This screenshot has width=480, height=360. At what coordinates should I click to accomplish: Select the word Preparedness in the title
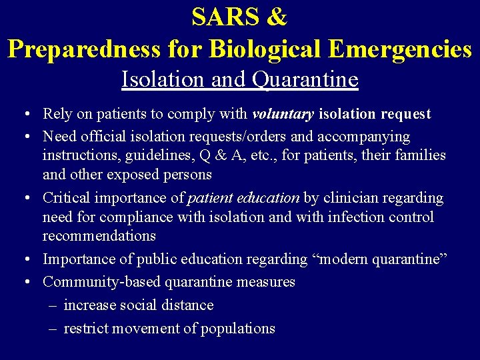84,49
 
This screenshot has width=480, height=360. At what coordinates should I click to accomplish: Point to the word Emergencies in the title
397,49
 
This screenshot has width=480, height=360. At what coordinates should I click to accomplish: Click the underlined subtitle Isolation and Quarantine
240,80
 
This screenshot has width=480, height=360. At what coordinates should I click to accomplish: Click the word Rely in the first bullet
57,115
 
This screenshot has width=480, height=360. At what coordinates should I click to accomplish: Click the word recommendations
99,236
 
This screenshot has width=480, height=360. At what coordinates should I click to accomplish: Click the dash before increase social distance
53,305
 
